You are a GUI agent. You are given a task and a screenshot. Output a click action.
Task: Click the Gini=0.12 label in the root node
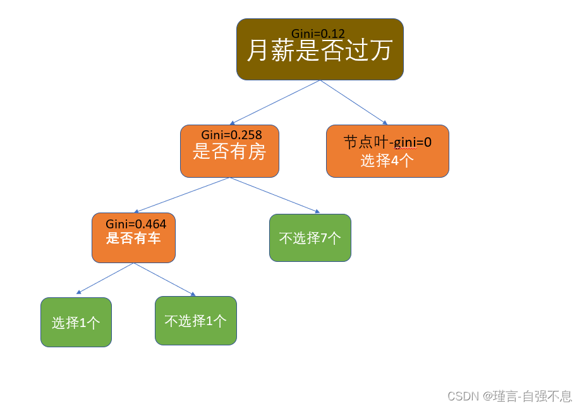[318, 34]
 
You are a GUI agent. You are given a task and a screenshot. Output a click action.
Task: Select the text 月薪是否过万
[320, 50]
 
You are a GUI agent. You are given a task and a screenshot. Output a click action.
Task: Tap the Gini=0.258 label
[232, 135]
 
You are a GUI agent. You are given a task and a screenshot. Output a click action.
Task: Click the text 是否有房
[229, 152]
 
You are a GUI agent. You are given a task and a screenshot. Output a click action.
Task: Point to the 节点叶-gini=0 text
[387, 142]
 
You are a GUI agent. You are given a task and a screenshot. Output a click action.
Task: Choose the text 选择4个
[387, 161]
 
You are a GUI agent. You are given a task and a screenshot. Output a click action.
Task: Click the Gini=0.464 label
[136, 224]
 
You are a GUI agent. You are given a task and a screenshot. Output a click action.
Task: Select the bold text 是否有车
[133, 238]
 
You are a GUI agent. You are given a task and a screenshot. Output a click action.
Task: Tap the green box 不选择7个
[310, 238]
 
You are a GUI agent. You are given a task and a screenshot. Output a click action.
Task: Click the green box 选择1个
[76, 322]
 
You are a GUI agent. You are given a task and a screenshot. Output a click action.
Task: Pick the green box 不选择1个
[196, 321]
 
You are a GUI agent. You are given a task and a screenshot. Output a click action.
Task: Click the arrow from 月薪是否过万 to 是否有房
[275, 102]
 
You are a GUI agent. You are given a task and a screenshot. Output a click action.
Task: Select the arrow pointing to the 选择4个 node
[354, 102]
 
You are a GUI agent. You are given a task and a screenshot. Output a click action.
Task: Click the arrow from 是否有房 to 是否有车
[182, 195]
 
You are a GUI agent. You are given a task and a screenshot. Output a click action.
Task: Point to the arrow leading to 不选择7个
[275, 195]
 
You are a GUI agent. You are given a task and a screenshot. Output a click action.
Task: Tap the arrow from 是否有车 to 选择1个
[105, 278]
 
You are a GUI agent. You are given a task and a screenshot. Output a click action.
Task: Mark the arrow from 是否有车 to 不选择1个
[164, 279]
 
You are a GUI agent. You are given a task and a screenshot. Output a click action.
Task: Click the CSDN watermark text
[509, 396]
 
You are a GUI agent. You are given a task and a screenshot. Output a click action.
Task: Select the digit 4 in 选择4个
[394, 161]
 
